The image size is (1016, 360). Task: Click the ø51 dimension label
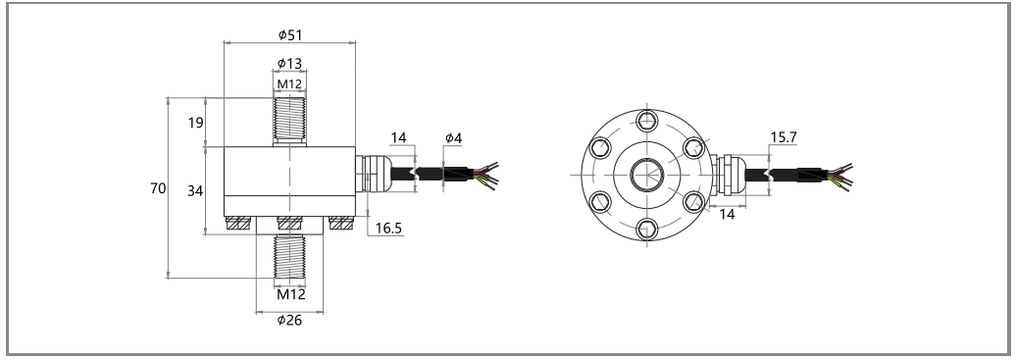(x=290, y=35)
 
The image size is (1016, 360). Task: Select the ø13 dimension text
(x=289, y=63)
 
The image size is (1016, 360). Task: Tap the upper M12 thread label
(x=290, y=83)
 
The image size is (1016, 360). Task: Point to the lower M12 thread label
(x=290, y=294)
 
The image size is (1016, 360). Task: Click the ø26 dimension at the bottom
(x=289, y=320)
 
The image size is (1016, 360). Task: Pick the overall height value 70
(x=158, y=188)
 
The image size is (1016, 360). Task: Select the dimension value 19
(x=196, y=122)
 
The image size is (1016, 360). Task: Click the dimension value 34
(x=195, y=190)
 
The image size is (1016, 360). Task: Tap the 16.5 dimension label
(x=388, y=228)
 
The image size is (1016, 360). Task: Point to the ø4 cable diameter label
(x=453, y=137)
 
